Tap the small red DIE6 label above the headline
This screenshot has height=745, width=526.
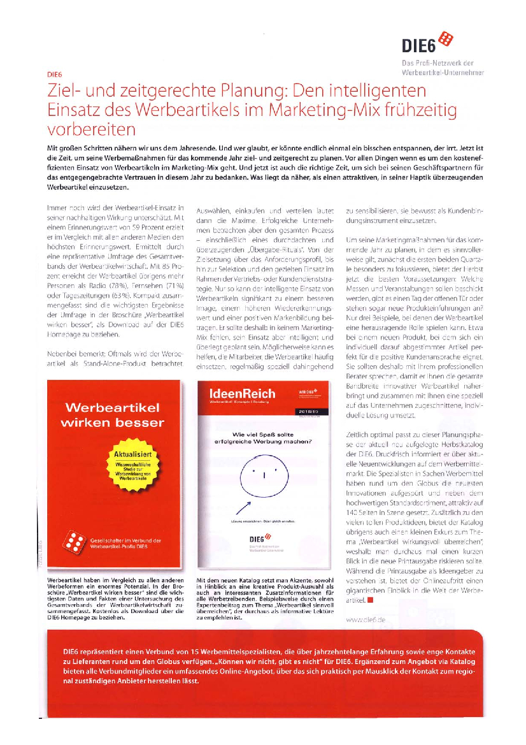point(56,73)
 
